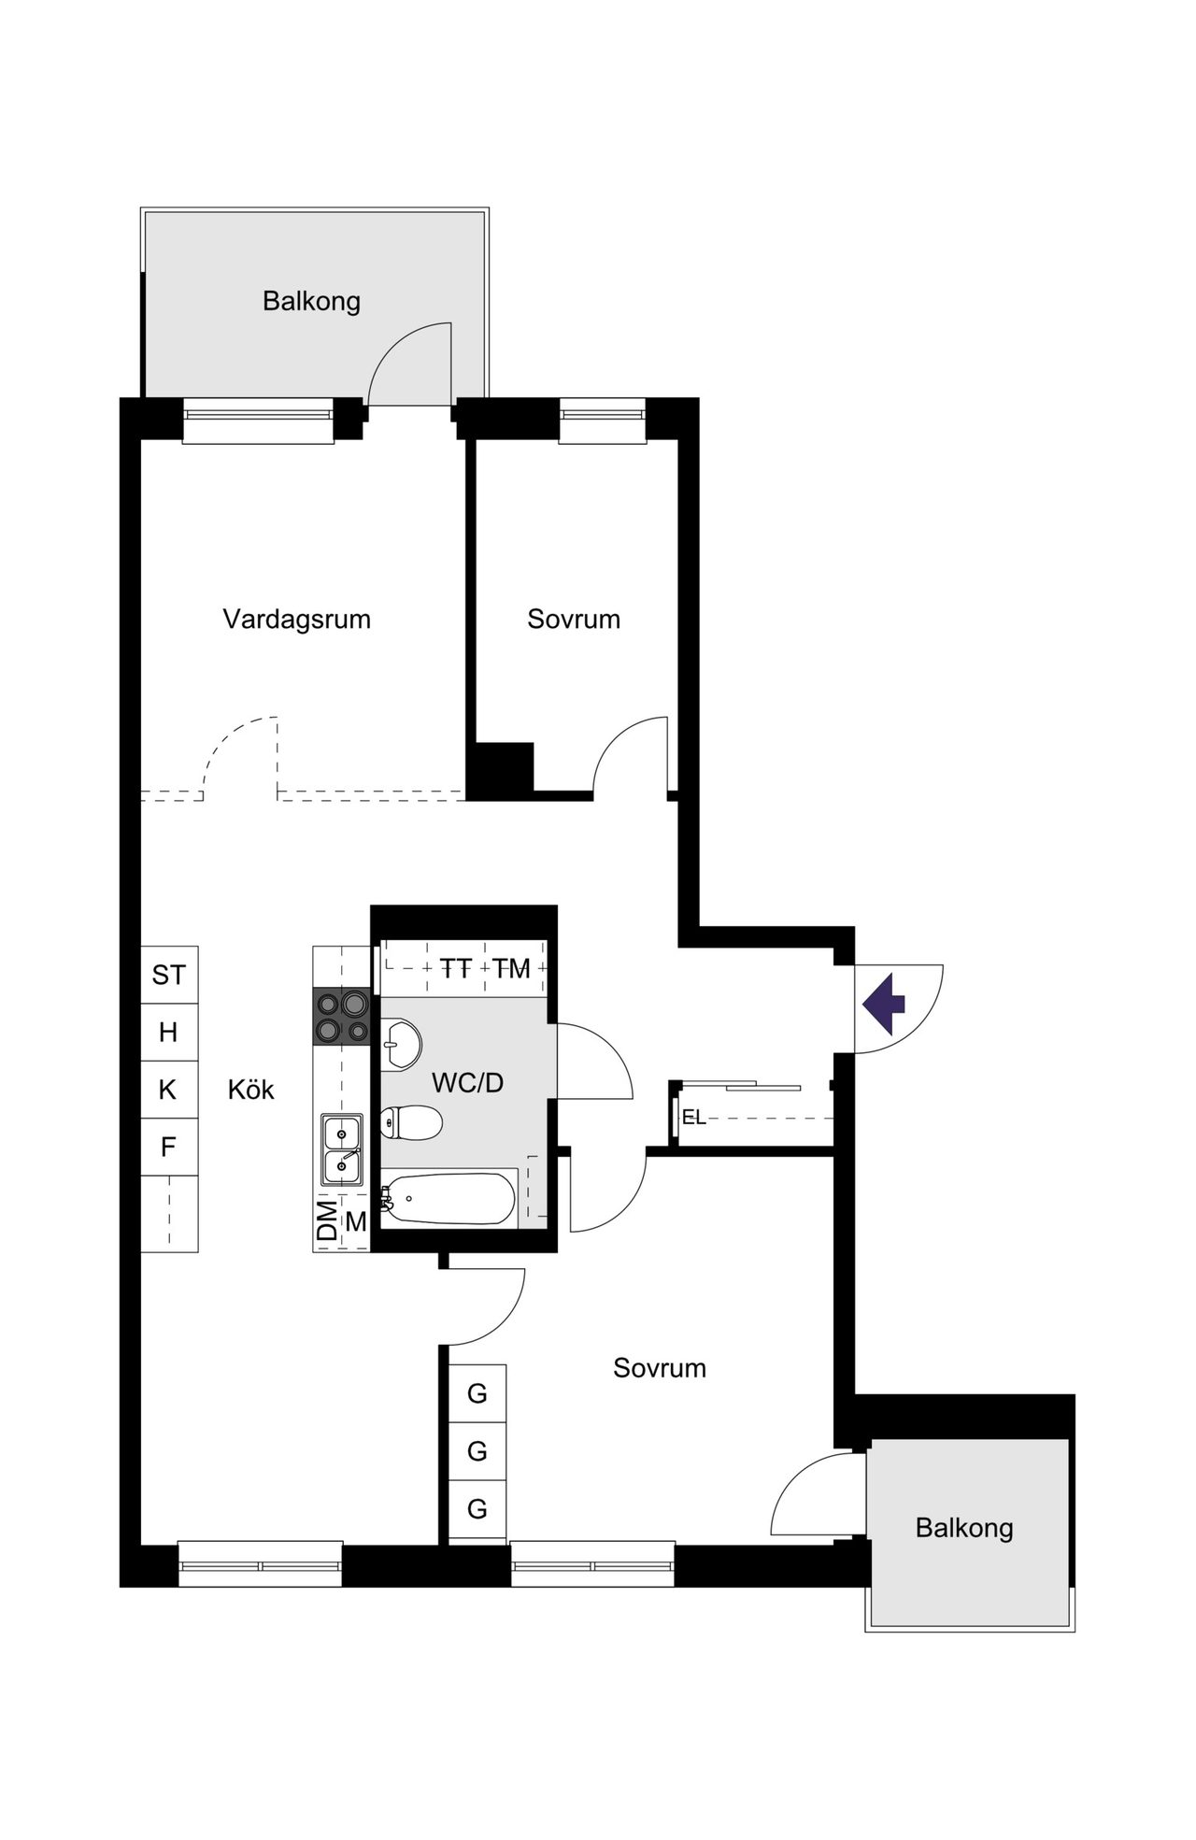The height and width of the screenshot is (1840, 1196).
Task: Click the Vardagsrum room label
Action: tap(296, 620)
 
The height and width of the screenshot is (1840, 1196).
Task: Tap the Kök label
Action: tap(250, 1090)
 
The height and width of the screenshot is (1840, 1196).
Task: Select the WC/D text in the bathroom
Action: tap(467, 1083)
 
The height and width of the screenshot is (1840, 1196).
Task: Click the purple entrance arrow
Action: tap(884, 1004)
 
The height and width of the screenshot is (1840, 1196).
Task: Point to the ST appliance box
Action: tap(169, 976)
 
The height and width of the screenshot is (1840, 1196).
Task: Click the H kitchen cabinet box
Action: tap(169, 1033)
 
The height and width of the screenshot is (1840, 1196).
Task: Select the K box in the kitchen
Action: tap(169, 1090)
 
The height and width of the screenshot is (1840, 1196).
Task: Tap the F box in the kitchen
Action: tap(169, 1147)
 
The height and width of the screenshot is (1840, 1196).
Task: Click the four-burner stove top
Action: tap(341, 1017)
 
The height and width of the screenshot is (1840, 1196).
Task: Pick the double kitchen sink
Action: tap(342, 1150)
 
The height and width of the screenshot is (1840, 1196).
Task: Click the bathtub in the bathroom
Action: tap(448, 1199)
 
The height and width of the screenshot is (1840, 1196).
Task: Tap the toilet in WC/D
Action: tap(410, 1122)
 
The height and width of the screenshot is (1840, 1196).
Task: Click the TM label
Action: tap(512, 969)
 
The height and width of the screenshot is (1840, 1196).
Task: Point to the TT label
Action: tap(456, 969)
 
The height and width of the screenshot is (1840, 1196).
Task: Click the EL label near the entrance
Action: tap(694, 1117)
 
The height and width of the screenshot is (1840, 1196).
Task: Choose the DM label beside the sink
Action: tap(327, 1220)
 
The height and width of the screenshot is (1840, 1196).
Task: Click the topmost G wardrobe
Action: tap(477, 1393)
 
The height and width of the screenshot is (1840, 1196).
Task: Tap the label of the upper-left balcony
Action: tap(311, 302)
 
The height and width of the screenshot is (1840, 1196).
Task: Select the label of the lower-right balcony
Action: tap(964, 1528)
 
